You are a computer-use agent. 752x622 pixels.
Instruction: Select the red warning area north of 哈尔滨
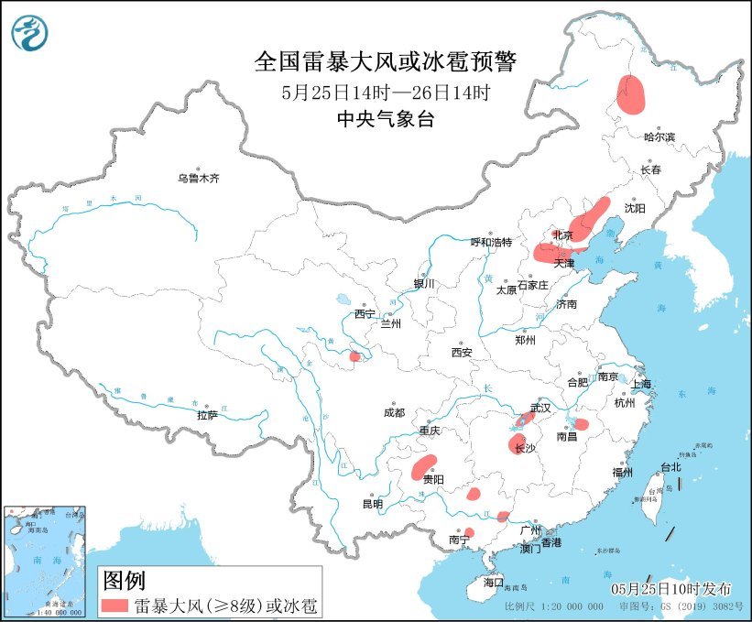click(630, 93)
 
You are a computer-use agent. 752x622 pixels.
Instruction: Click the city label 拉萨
click(207, 415)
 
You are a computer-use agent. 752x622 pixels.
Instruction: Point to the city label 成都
click(394, 412)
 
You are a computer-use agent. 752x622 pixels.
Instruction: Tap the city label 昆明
click(372, 504)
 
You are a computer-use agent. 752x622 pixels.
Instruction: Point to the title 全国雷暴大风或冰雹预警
click(385, 61)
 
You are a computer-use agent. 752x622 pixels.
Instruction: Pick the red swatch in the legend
click(114, 605)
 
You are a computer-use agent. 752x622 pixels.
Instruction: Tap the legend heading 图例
click(123, 580)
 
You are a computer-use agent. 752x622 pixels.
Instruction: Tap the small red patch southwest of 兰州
click(354, 355)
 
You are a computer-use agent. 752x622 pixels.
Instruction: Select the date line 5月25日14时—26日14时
click(385, 92)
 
